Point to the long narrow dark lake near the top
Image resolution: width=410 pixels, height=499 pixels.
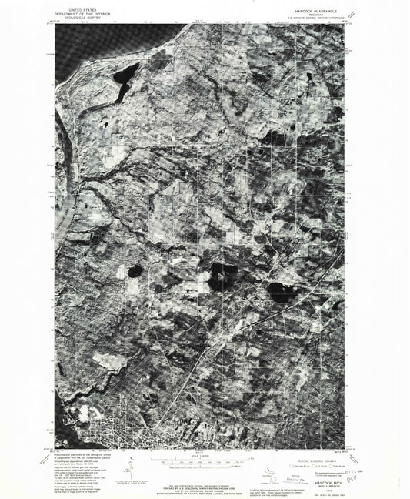(122, 82)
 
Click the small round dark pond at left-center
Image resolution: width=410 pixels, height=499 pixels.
(135, 271)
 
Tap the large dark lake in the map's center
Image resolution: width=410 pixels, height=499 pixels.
(223, 275)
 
